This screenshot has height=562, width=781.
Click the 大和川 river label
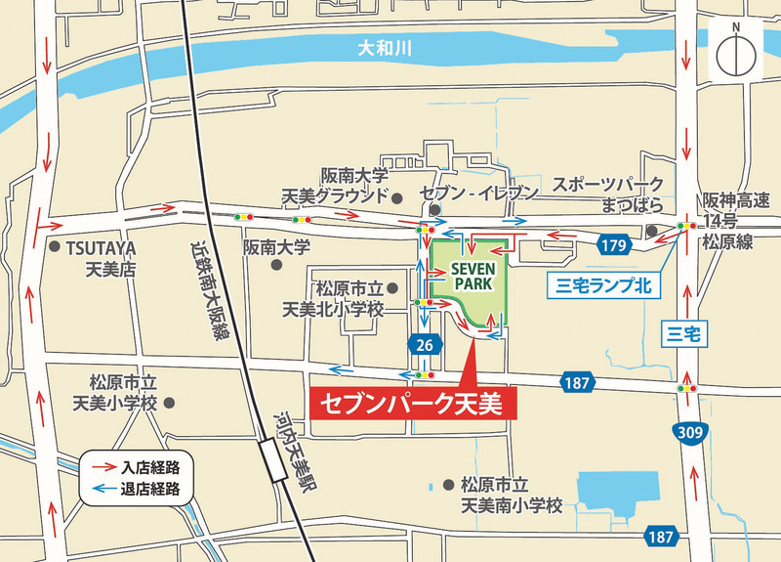pos(380,47)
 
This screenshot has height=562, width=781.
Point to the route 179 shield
pos(613,246)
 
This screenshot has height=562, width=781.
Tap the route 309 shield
pos(692,432)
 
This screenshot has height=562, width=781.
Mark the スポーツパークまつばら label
pos(607,195)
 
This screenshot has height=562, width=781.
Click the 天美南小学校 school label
pos(512,496)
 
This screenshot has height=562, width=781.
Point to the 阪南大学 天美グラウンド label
pos(334,186)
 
